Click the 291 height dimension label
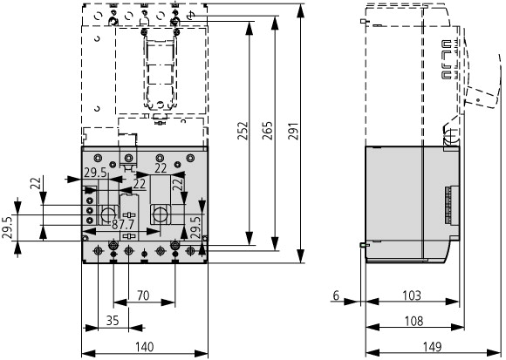tap(293, 131)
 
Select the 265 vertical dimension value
tap(267, 131)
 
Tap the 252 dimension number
tap(243, 131)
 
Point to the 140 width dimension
tap(144, 347)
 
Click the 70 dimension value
tap(143, 295)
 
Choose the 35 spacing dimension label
tap(113, 321)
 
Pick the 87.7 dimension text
tap(123, 224)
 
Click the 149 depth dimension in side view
tap(432, 347)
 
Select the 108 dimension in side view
tap(414, 321)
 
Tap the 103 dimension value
tap(412, 295)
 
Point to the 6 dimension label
tap(336, 295)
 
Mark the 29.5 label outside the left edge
tap(7, 228)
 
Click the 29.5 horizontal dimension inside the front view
tap(95, 173)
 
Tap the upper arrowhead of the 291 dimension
tap(300, 12)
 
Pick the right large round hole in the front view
tap(160, 214)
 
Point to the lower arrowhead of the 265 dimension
tap(275, 243)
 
